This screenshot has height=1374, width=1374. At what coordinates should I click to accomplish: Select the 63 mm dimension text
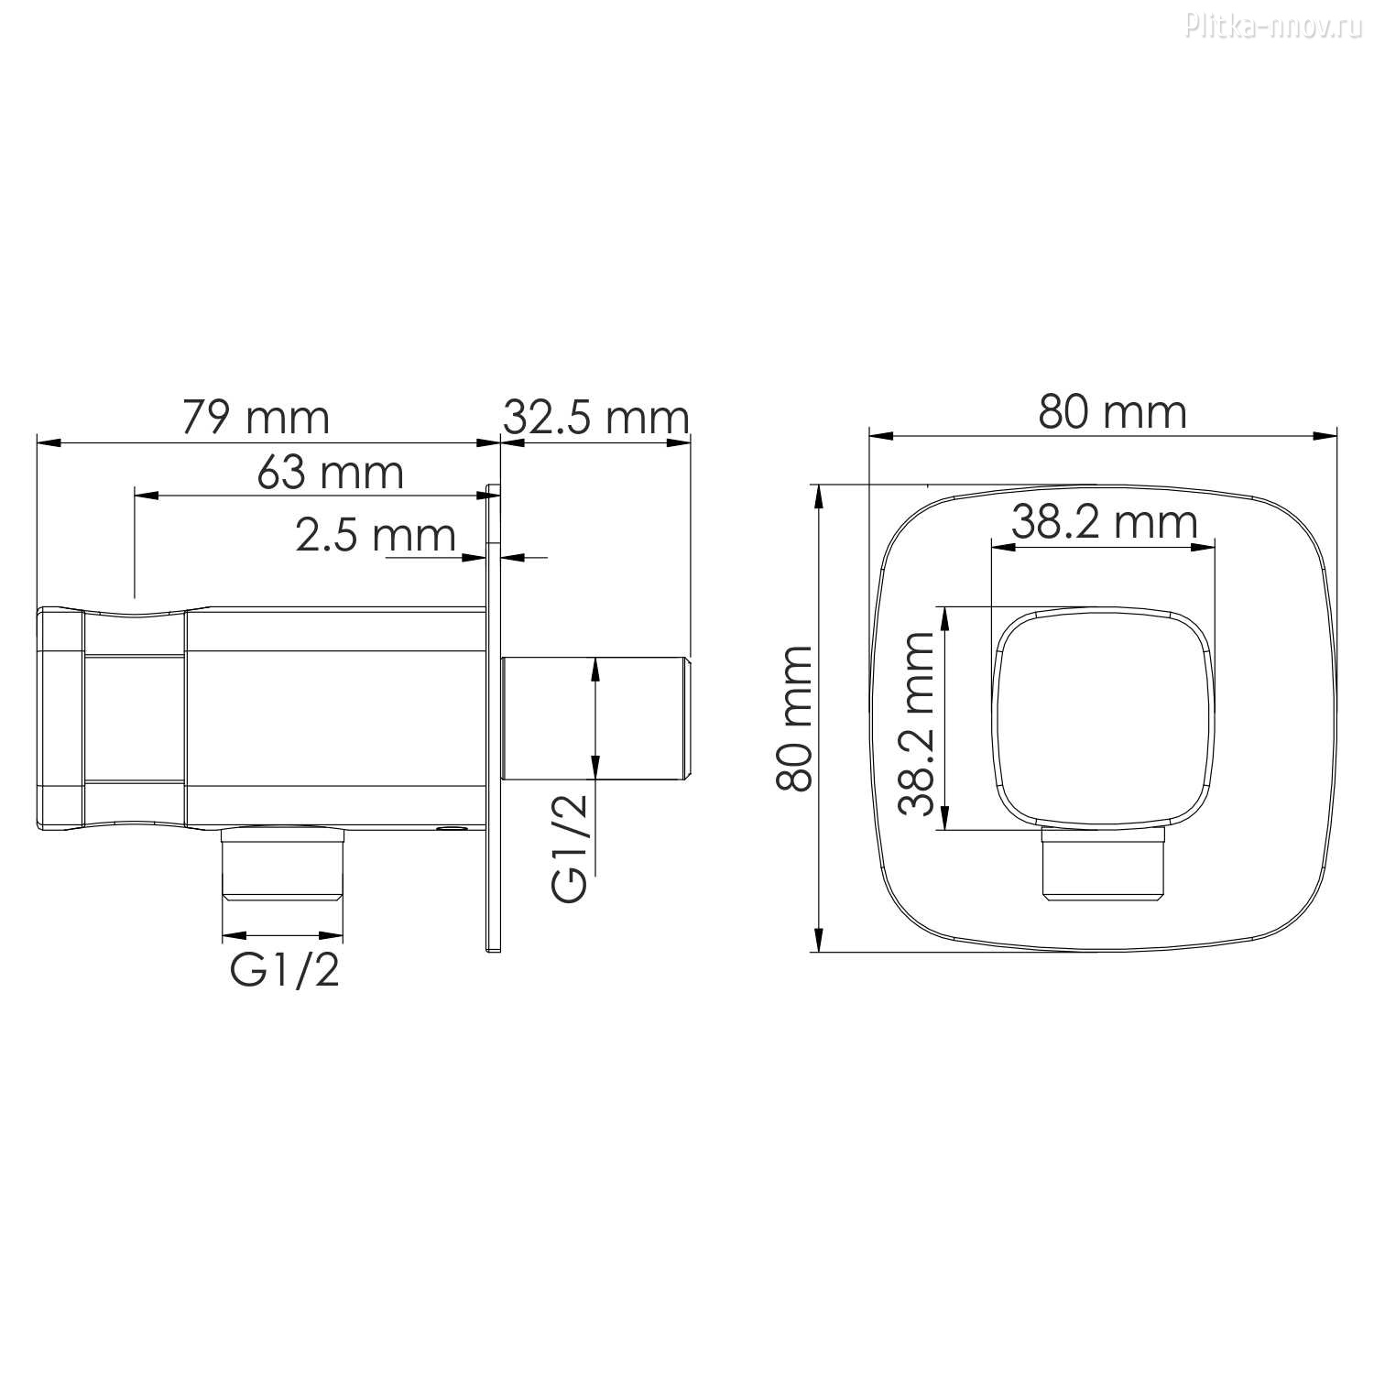[331, 472]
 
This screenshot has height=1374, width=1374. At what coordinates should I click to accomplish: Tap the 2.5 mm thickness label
[376, 535]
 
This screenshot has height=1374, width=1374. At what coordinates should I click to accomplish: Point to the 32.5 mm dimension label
[596, 418]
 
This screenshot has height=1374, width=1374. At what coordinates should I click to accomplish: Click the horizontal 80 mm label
[1112, 412]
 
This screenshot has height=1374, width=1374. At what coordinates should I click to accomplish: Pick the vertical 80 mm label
[793, 718]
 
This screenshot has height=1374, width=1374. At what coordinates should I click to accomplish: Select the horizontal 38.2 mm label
[1105, 522]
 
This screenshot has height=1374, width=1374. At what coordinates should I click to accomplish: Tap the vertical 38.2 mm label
[916, 723]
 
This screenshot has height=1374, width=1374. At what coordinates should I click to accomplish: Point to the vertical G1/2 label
[569, 847]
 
